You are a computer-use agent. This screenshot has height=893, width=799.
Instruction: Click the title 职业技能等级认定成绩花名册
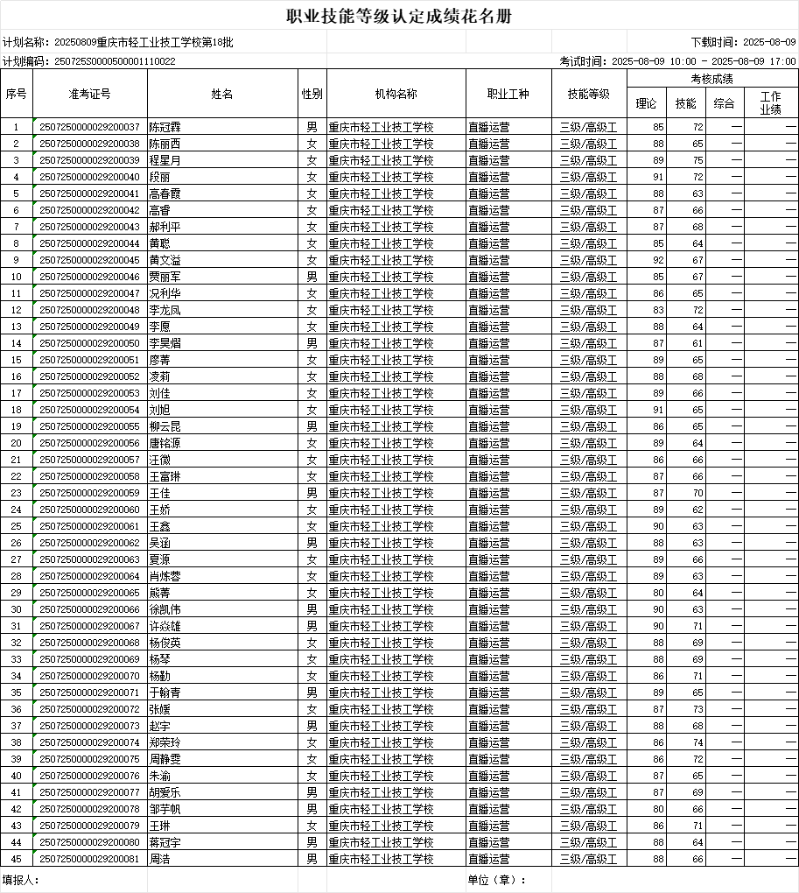pos(399,17)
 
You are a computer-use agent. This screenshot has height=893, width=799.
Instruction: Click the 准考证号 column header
pos(90,94)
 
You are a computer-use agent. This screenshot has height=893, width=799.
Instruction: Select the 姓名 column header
pos(222,94)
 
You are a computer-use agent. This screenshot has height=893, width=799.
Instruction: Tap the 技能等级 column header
pos(589,94)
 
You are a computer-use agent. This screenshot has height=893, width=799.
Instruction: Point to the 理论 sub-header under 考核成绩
pos(646,103)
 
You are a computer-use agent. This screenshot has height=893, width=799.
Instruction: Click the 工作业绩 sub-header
pos(770,103)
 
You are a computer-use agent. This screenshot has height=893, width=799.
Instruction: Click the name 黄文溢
pos(165,260)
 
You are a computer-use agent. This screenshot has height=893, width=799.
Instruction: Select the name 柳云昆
pos(165,426)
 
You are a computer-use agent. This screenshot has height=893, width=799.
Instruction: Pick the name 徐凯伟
pos(165,609)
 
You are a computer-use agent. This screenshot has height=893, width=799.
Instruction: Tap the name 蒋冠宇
pos(165,842)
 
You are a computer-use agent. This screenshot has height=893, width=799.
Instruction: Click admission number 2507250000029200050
pos(90,343)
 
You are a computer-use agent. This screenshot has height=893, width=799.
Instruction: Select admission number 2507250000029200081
pos(90,859)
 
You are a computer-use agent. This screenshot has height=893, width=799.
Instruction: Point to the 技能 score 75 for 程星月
pos(697,160)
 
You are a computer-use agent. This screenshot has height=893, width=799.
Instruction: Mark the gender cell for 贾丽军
pos(312,277)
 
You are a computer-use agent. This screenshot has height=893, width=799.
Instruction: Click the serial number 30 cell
pos(16,609)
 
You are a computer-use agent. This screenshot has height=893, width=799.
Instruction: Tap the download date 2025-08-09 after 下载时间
pos(769,41)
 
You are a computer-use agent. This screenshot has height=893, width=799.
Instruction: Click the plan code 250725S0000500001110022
pos(115,61)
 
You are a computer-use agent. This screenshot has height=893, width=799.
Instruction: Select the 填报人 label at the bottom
pos(20,880)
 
